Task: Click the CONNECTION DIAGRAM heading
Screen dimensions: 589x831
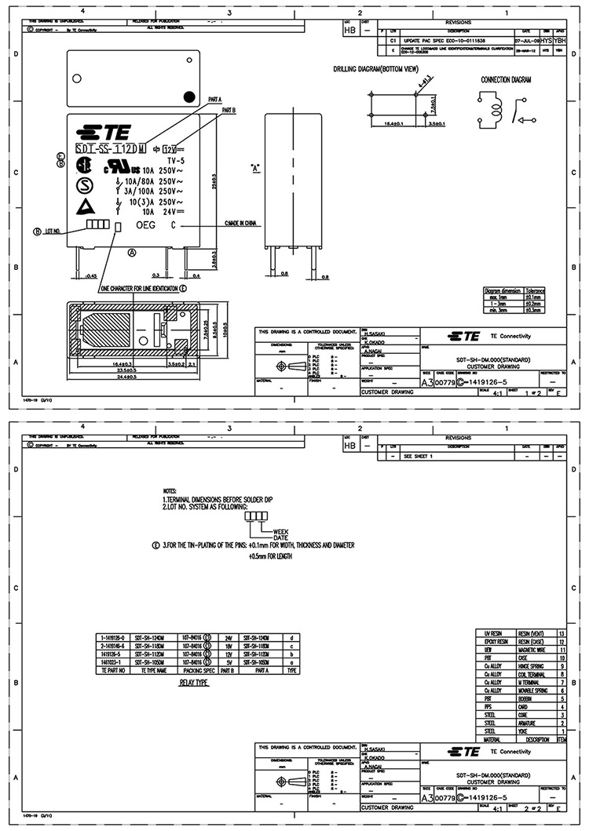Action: tap(507, 80)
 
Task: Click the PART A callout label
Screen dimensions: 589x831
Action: tap(215, 100)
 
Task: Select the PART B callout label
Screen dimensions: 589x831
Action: tap(229, 111)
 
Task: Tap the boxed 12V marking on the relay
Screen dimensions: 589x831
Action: tap(169, 148)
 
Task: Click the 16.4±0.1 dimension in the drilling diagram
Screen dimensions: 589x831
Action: tap(392, 124)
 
